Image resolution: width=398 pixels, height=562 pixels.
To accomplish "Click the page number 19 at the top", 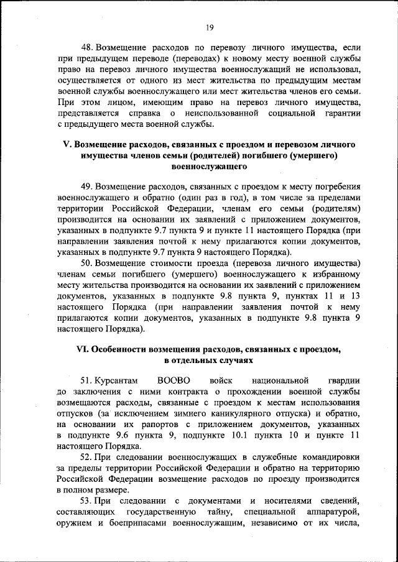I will click(210, 27).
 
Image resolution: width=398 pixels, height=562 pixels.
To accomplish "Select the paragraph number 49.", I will click(88, 187).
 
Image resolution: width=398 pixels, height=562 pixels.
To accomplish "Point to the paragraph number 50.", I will click(88, 262).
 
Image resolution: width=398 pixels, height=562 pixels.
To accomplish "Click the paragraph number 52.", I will click(88, 458).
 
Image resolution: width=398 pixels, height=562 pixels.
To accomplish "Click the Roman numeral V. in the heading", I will click(68, 144).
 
